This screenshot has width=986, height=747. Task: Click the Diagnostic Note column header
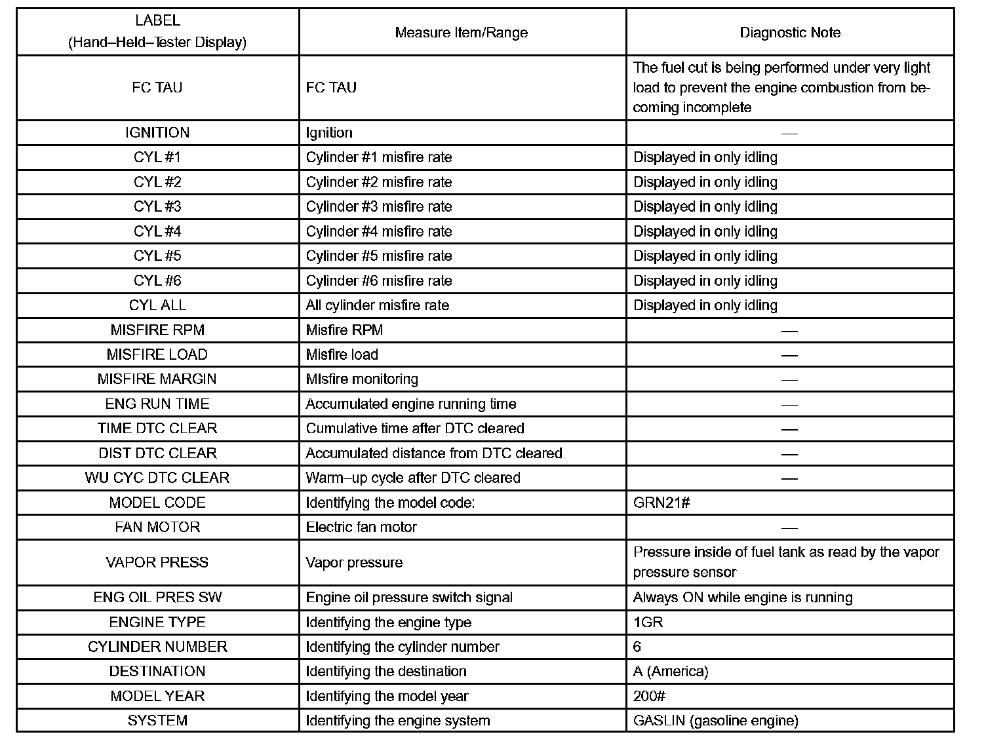(x=789, y=33)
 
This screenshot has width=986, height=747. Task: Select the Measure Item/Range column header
(x=461, y=33)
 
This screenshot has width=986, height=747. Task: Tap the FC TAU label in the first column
(x=157, y=88)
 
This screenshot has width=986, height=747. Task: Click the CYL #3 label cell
(x=157, y=207)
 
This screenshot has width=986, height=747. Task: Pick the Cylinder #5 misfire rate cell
(x=378, y=256)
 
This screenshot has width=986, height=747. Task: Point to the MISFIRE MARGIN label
(x=157, y=379)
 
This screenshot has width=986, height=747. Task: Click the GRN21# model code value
(x=661, y=503)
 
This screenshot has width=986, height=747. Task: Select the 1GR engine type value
(x=648, y=622)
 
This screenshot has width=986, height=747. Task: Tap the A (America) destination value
(x=671, y=672)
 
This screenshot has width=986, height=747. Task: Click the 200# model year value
(x=650, y=696)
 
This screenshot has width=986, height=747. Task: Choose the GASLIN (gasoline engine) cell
(x=715, y=721)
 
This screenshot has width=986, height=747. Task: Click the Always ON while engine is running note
(x=743, y=598)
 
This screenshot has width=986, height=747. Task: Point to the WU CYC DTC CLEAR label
(x=157, y=478)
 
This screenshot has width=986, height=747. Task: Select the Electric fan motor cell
(x=361, y=527)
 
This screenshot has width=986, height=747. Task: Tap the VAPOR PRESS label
(x=157, y=563)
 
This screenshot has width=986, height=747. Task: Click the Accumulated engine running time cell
(x=410, y=404)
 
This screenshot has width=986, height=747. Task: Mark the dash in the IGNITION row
(x=789, y=133)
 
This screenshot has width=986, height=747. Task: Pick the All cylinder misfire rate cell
(x=377, y=305)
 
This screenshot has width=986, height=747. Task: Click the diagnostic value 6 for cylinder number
(x=637, y=647)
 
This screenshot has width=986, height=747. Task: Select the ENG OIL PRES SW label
(x=157, y=598)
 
